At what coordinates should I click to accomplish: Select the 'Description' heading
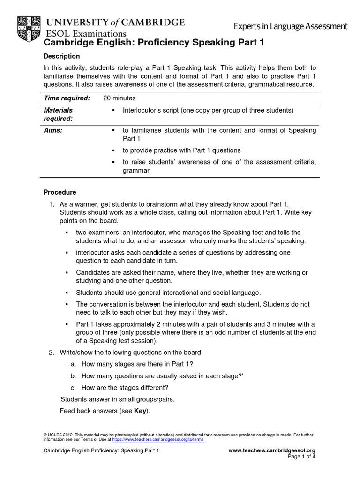coord(62,56)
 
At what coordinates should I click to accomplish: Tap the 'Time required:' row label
coord(67,98)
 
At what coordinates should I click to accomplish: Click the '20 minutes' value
coord(119,98)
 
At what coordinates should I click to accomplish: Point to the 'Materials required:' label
coord(58,114)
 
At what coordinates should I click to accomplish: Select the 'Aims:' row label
coord(53,130)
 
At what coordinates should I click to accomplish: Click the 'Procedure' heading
coord(60,192)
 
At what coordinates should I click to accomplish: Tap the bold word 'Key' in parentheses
coord(140,411)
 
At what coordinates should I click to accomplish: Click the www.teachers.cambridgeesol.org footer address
coord(272,450)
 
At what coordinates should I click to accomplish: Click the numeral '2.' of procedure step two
coord(52,352)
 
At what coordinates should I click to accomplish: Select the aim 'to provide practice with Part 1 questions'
coord(181,150)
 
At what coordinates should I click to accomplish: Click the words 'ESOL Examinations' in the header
coord(85,33)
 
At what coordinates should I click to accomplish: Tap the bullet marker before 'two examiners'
coord(67,232)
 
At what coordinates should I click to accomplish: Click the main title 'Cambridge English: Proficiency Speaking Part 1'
coord(154,43)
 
